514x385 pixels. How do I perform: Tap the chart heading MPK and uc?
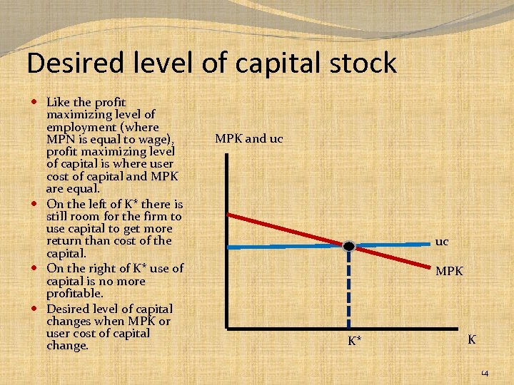coord(248,138)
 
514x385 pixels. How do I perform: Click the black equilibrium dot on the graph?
coord(348,246)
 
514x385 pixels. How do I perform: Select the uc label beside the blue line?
coord(442,242)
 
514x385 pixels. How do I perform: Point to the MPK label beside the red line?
coord(449,272)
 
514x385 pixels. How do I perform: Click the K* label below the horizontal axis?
coord(355,342)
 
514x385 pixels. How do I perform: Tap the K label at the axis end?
coord(472,339)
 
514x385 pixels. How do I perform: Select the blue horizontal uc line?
coord(286,247)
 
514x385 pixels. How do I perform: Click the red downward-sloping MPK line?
coord(286,229)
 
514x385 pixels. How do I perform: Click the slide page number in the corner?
coord(483,374)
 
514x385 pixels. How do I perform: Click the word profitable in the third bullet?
coord(74,293)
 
